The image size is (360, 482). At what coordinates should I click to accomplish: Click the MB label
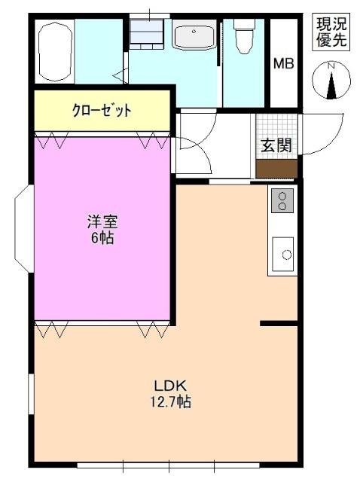click(x=283, y=63)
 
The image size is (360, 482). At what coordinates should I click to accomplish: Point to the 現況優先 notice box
click(x=331, y=32)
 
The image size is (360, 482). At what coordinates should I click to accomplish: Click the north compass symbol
click(x=331, y=81)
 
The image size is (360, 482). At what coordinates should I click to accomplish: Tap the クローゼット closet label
click(x=101, y=110)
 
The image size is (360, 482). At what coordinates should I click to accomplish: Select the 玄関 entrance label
click(x=276, y=145)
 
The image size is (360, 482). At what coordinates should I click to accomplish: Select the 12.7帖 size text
click(x=169, y=402)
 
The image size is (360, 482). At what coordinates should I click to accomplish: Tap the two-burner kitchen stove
click(x=282, y=200)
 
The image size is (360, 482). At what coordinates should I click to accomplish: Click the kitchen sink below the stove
click(x=284, y=253)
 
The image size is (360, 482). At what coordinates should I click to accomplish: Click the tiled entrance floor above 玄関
click(x=276, y=125)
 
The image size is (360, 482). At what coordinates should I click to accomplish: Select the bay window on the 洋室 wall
click(x=23, y=230)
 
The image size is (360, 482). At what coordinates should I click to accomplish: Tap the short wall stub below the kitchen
click(x=279, y=324)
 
